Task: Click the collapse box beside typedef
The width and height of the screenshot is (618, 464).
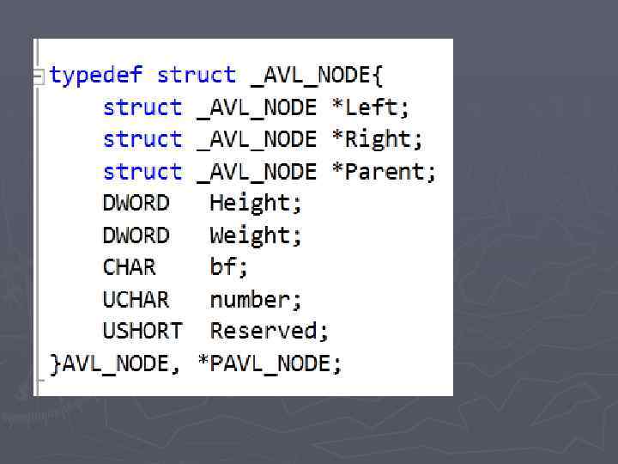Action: coord(38,76)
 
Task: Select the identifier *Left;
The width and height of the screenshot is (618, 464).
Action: coord(371,107)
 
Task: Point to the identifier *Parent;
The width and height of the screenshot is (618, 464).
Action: coord(384,171)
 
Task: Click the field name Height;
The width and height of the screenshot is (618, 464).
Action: coord(256,204)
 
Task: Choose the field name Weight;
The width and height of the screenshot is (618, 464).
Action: coord(256,235)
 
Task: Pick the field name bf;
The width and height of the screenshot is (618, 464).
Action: coord(229,267)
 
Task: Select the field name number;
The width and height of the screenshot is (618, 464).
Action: coord(256,300)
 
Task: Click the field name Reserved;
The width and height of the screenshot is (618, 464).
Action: coord(269,331)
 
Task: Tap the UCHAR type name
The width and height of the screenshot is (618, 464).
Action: coord(136,300)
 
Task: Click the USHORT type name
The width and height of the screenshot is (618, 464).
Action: coord(142,331)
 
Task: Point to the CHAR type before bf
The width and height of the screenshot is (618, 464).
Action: coord(130,267)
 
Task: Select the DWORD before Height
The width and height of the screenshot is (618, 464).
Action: coord(136,204)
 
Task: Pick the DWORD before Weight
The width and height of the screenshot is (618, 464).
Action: coord(136,235)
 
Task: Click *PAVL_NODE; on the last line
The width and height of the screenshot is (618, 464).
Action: coord(270,363)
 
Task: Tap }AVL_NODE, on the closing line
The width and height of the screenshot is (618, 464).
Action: coord(115,363)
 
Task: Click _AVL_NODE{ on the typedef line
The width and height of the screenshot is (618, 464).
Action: coord(316,76)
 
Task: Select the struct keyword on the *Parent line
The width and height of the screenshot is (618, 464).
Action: coord(142,171)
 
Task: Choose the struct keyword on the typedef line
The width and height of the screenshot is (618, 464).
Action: coord(196,76)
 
